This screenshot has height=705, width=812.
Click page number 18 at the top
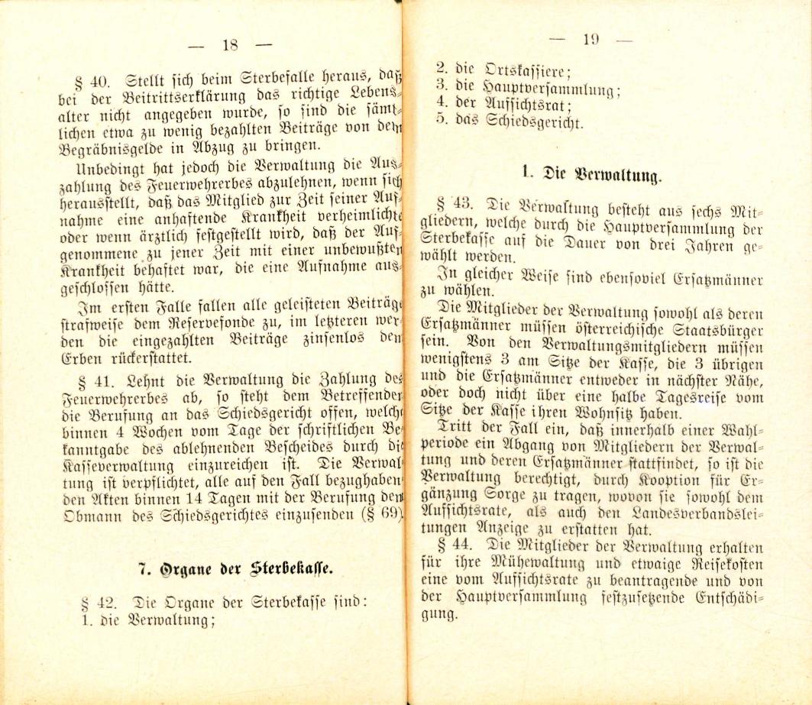click(230, 44)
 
